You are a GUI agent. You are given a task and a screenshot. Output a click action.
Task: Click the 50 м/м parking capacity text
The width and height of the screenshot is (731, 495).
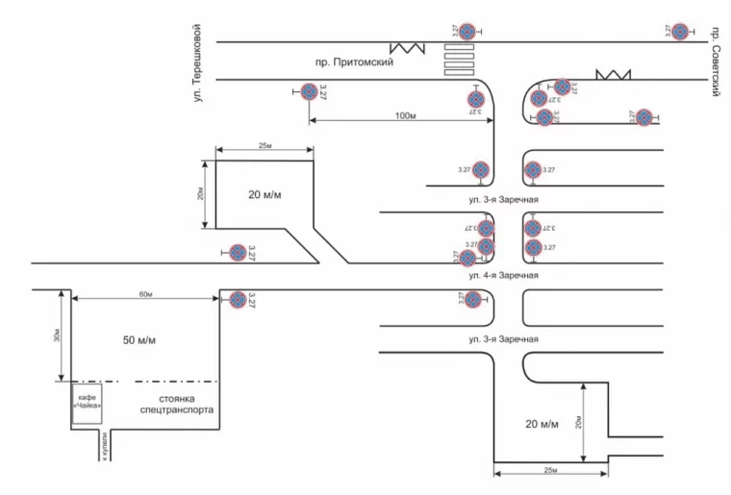[x=139, y=342]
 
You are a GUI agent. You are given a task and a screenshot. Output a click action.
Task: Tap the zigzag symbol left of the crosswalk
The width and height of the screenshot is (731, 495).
[x=408, y=47]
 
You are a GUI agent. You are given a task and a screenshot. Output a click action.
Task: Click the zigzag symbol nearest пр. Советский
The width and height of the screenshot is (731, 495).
[x=612, y=74]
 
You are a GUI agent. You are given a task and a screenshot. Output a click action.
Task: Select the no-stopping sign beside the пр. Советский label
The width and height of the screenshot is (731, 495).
[x=681, y=32]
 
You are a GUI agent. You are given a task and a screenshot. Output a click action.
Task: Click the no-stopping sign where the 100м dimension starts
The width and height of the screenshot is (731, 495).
[x=309, y=93]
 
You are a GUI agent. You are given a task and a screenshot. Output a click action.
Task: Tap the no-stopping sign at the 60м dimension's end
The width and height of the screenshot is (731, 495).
[x=236, y=300]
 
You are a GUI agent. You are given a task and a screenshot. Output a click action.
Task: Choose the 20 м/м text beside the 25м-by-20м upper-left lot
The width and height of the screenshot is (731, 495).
[x=264, y=194]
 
